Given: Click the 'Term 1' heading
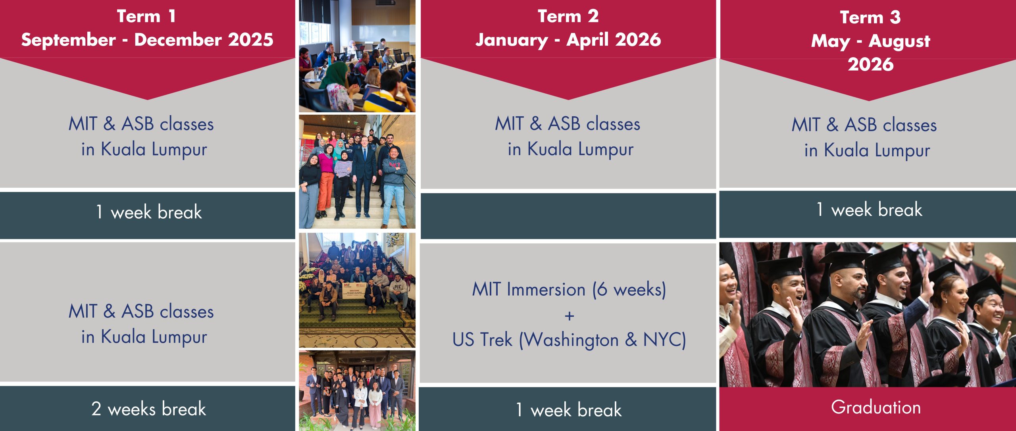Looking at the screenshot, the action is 146,16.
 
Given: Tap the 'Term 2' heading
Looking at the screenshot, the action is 568,16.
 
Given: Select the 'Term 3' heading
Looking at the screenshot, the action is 870,17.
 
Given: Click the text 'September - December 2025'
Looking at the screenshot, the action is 147,40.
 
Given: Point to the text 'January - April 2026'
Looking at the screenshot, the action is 568,40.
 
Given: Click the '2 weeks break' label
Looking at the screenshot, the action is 148,409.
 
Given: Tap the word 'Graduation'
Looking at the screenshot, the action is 876,408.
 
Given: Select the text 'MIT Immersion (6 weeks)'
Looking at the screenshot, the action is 569,289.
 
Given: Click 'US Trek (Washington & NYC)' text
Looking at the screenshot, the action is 569,340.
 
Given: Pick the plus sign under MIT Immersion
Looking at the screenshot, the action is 569,316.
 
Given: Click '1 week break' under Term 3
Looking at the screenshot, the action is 869,210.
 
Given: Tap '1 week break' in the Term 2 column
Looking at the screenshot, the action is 569,410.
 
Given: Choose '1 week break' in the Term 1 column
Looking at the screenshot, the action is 149,212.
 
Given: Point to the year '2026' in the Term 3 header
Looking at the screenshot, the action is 870,64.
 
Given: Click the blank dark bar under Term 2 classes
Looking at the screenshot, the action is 568,216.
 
